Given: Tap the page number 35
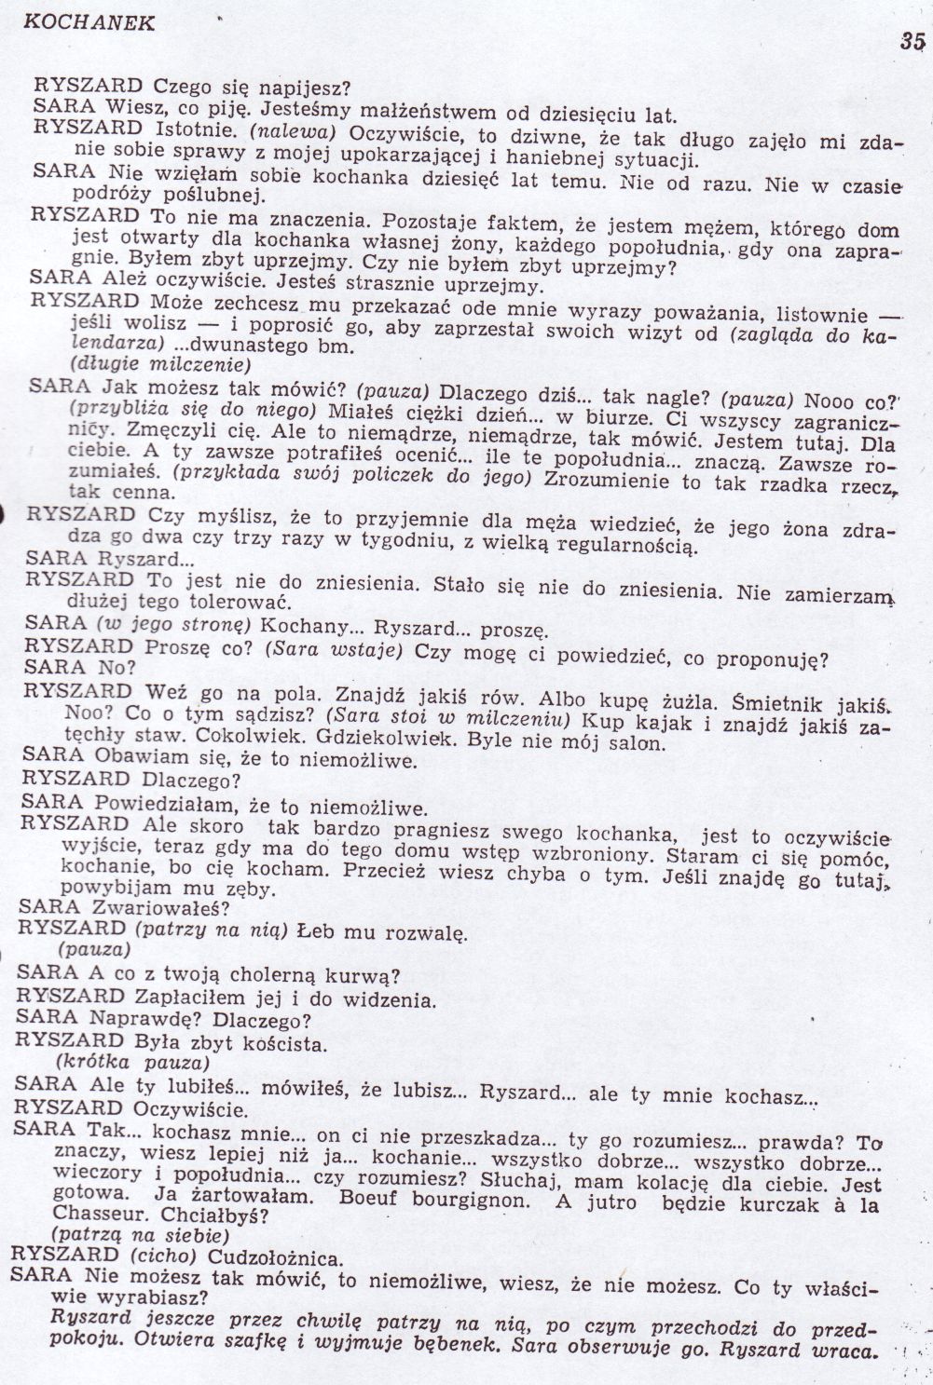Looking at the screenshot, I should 912,40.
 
